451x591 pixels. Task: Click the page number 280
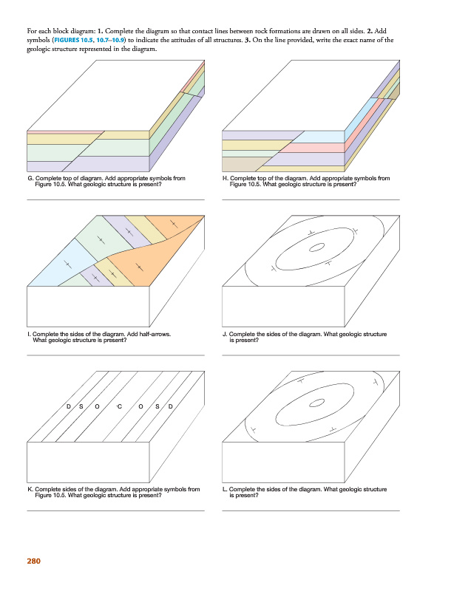33,561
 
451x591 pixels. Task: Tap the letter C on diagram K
120,406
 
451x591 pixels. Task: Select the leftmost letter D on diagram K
69,406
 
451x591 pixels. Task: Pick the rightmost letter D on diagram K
171,406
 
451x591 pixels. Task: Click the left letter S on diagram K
81,406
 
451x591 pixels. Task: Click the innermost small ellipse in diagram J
316,247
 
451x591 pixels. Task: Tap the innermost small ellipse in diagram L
316,403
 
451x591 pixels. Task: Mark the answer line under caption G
116,199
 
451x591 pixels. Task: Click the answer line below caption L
311,510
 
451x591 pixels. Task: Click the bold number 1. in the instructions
101,31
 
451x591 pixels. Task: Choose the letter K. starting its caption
30,489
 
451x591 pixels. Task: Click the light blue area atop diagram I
64,264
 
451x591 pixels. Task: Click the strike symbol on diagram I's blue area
68,264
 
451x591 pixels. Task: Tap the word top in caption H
260,178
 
